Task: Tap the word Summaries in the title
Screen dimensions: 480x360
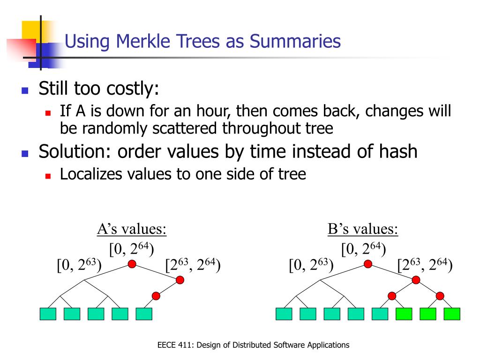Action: pos(295,41)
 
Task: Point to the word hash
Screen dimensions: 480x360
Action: pos(396,151)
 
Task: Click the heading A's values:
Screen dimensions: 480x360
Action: pos(132,230)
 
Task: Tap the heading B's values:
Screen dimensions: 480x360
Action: pos(363,230)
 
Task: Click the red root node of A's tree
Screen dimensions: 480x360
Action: pos(132,264)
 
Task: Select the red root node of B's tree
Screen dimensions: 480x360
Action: pos(368,264)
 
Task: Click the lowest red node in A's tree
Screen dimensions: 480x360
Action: pos(156,296)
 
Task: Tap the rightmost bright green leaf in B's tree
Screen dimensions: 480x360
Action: pos(452,314)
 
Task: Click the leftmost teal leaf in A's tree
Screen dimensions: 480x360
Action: pos(48,314)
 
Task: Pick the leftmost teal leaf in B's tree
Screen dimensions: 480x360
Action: pos(284,314)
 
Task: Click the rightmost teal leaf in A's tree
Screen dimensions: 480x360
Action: pos(144,314)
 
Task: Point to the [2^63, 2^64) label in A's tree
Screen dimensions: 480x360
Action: pos(193,266)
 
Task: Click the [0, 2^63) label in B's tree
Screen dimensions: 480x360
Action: pos(311,266)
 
